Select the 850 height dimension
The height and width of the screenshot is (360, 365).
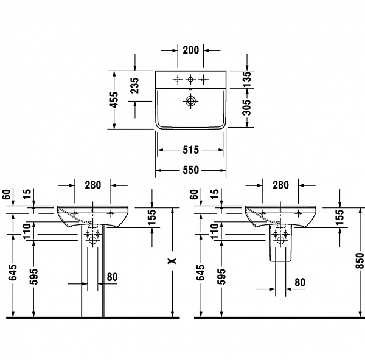click(x=359, y=260)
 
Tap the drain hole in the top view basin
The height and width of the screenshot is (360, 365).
click(x=191, y=100)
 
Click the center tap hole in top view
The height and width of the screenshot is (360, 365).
click(x=191, y=79)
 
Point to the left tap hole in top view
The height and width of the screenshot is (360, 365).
click(x=178, y=79)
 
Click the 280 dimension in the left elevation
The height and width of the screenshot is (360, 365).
click(x=92, y=185)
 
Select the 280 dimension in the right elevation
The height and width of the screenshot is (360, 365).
click(x=280, y=185)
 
